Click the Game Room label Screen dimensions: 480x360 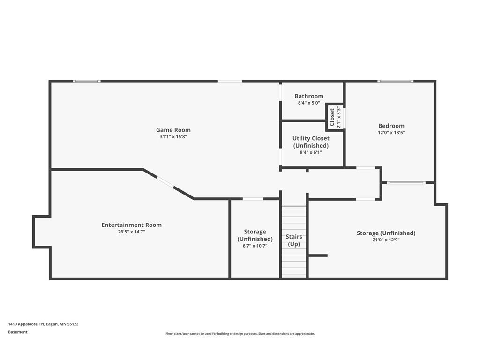coord(173,130)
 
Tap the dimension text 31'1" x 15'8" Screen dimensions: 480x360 coord(173,137)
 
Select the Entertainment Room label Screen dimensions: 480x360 coord(132,225)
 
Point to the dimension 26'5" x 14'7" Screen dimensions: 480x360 coord(132,232)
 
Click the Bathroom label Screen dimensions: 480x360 coord(309,96)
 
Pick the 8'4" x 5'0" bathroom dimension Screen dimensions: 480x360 coord(309,103)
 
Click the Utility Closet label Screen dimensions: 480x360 coord(311,142)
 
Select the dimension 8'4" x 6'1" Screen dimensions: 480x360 coord(311,152)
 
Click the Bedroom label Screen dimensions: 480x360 coord(391,126)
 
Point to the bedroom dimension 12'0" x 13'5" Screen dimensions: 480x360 coord(391,133)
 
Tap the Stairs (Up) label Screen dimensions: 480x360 coord(294,240)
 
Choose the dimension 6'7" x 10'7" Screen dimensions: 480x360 coord(255,246)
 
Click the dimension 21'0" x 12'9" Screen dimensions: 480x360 coord(386,240)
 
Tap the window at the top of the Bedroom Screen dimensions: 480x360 coord(395,82)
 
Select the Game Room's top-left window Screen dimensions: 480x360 coord(87,82)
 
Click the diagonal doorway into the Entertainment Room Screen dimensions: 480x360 coord(165,182)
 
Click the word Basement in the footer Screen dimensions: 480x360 coord(18,332)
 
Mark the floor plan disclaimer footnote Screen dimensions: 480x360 coord(240,334)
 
